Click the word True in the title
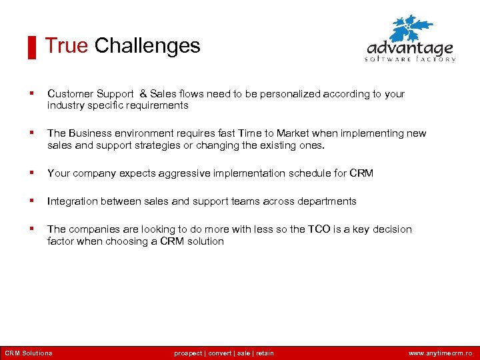pyautogui.click(x=66, y=46)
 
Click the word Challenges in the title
pyautogui.click(x=147, y=46)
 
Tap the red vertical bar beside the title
pyautogui.click(x=31, y=48)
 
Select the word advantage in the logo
pyautogui.click(x=410, y=49)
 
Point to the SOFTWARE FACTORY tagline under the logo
pyautogui.click(x=410, y=59)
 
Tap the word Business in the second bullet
pyautogui.click(x=89, y=133)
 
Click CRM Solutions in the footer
pyautogui.click(x=28, y=353)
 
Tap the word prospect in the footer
pyautogui.click(x=189, y=353)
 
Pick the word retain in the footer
pyautogui.click(x=265, y=353)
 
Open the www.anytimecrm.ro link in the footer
pyautogui.click(x=440, y=353)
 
